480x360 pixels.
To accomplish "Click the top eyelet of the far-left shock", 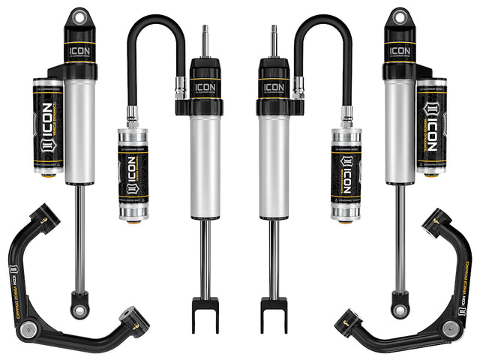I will pyautogui.click(x=78, y=16).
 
